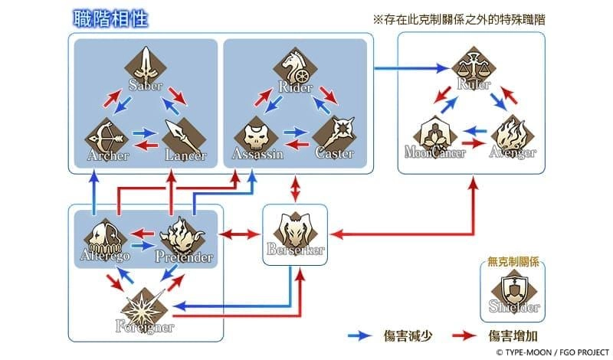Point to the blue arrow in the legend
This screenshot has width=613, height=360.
click(359, 335)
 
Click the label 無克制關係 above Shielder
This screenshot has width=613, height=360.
click(513, 261)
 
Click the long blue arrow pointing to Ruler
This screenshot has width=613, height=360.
click(414, 69)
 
